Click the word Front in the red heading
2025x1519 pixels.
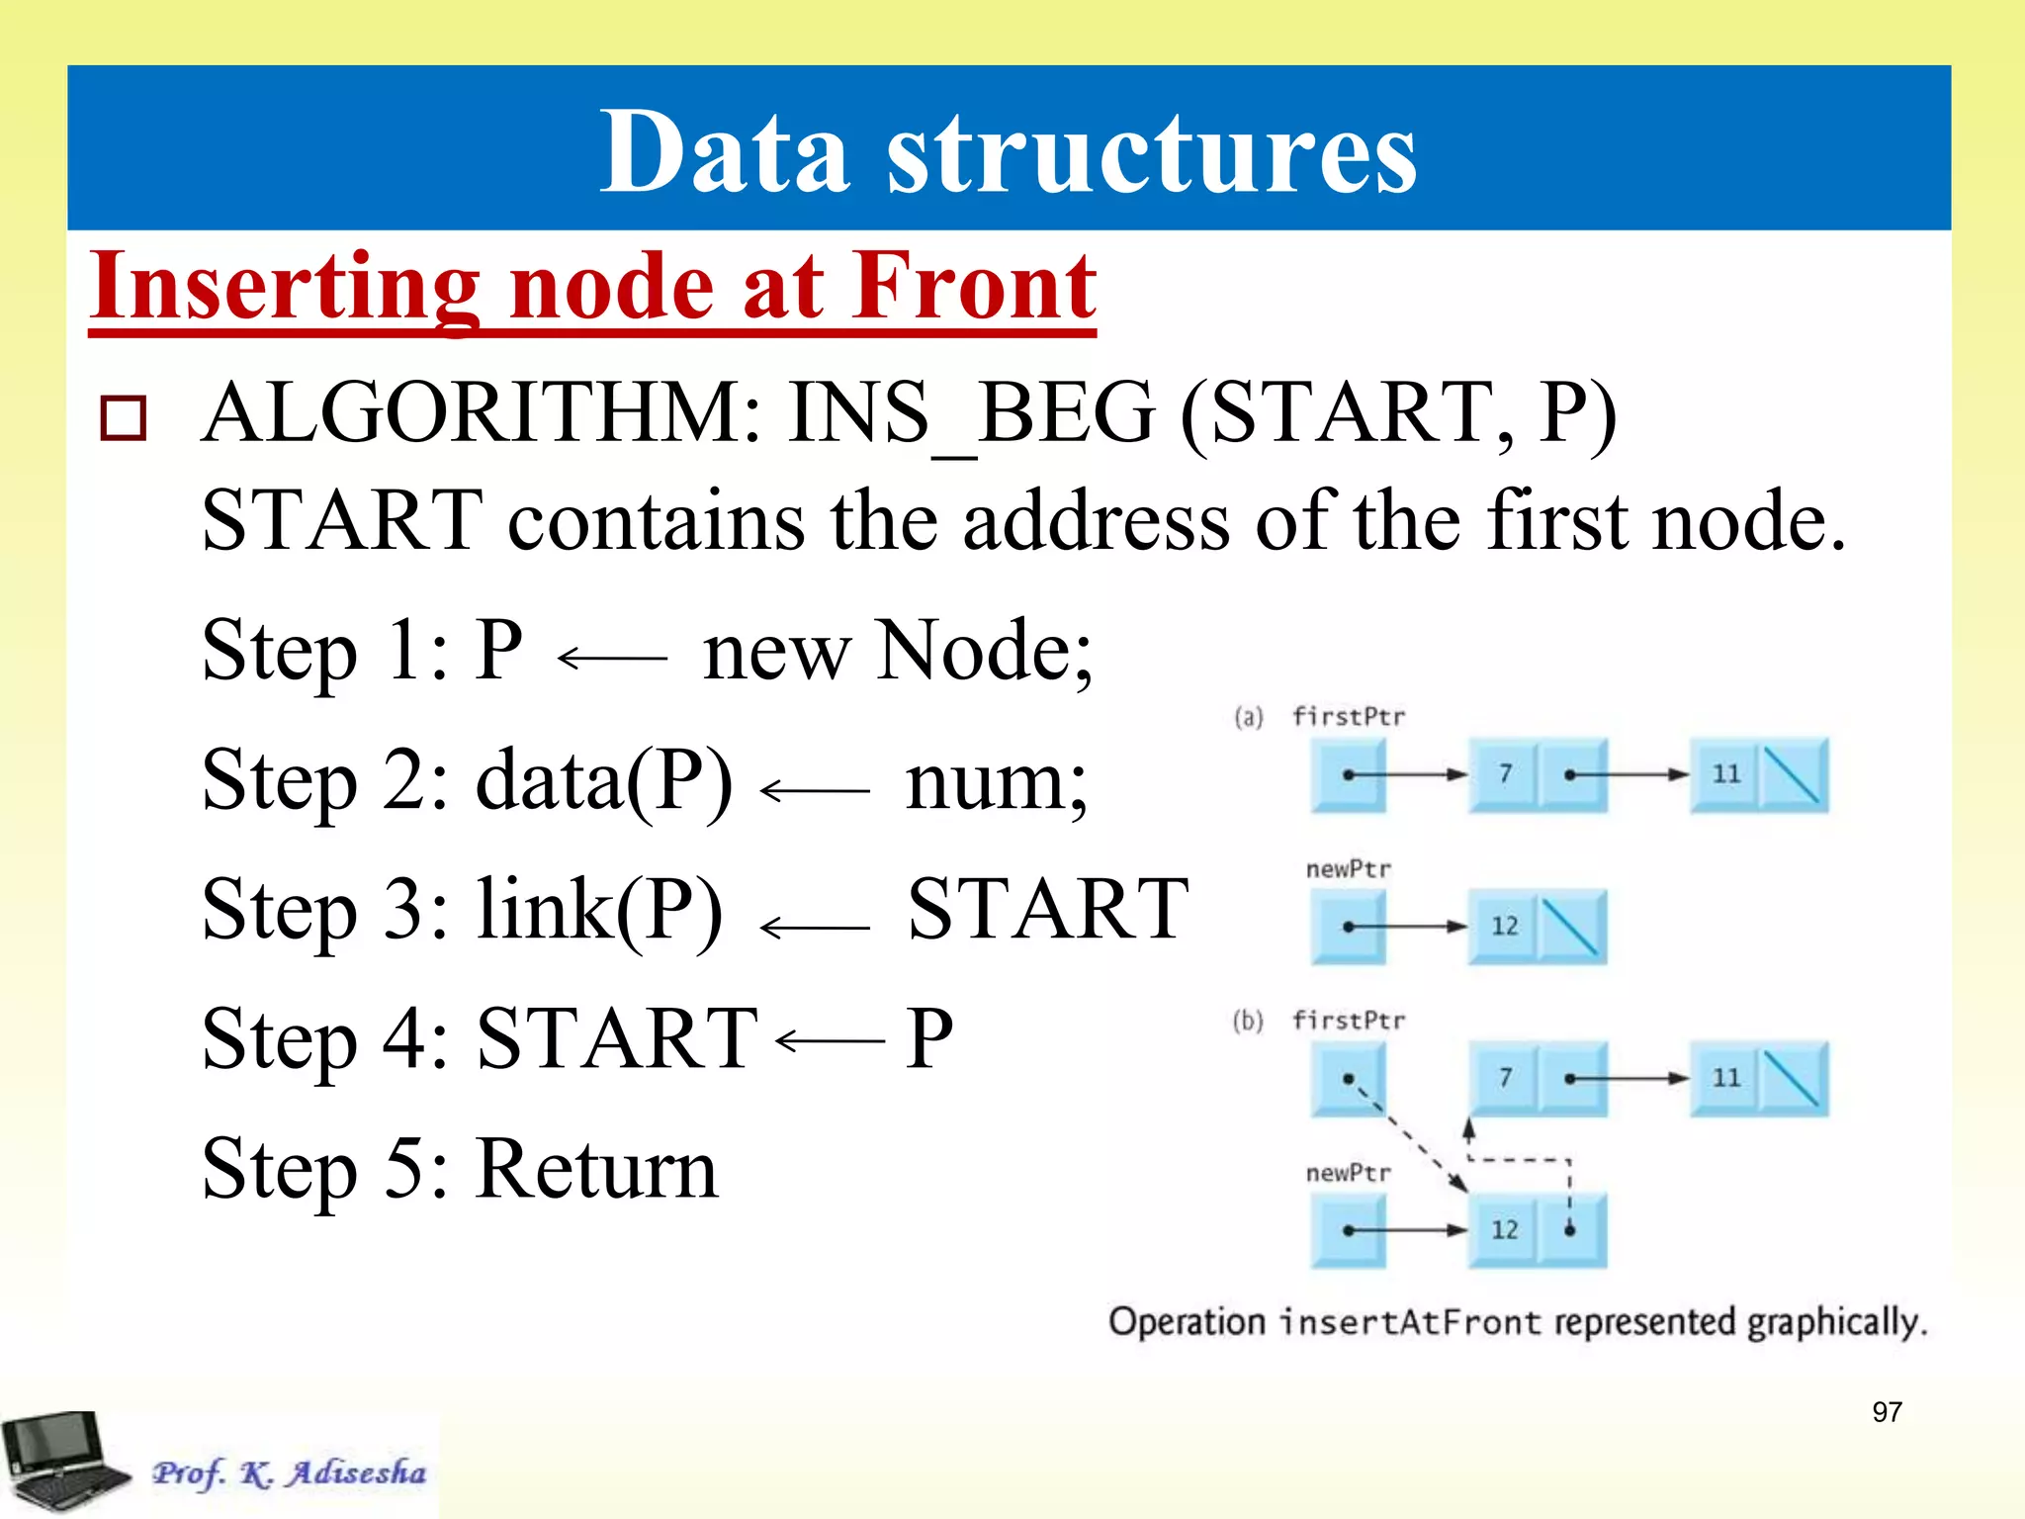coord(974,287)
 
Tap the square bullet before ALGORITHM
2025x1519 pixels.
coord(124,417)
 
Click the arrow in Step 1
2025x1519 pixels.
coord(612,657)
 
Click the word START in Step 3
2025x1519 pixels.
coord(1047,910)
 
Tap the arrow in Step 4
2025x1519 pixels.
coord(830,1040)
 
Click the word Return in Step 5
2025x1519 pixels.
coord(597,1169)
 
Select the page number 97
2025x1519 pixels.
coord(1887,1412)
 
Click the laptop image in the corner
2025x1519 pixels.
coord(64,1461)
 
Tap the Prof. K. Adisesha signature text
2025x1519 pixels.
coord(289,1473)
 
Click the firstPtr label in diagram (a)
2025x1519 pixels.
coord(1348,717)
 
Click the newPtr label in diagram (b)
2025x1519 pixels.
coord(1348,1174)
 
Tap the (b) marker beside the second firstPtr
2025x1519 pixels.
coord(1248,1021)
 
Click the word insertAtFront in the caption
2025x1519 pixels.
coord(1410,1322)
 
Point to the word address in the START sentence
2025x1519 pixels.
coord(1096,522)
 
